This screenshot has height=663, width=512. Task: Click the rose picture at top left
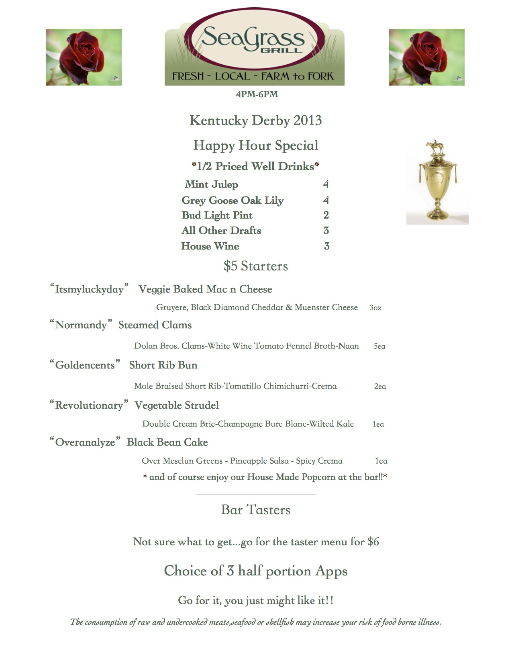point(84,57)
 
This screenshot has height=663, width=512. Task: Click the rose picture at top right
point(426,57)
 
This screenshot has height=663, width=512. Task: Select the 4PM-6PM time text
point(257,94)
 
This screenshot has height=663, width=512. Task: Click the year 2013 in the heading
point(308,121)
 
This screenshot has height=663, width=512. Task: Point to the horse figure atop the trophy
point(437,147)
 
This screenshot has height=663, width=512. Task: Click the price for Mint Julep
point(326,184)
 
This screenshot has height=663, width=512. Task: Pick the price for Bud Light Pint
point(326,215)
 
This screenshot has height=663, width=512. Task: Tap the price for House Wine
point(326,246)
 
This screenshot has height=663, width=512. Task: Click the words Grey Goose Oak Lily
point(233,200)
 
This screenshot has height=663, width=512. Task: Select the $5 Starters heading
point(256,266)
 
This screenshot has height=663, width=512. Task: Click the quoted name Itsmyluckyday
point(89,289)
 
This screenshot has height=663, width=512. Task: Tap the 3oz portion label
point(375,308)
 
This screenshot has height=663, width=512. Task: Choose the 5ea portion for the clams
point(379,346)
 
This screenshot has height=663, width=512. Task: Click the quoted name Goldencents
point(85,365)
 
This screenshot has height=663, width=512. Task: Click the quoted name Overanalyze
point(85,442)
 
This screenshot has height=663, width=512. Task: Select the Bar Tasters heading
point(255,510)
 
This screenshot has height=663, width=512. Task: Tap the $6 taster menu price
point(373,542)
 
